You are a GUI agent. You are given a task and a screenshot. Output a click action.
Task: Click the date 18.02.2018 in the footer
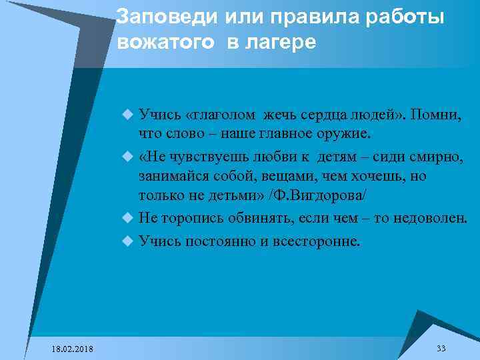(x=73, y=349)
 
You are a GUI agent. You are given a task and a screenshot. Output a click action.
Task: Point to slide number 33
(x=441, y=349)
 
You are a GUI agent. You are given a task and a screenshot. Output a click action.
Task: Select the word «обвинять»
(x=251, y=219)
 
